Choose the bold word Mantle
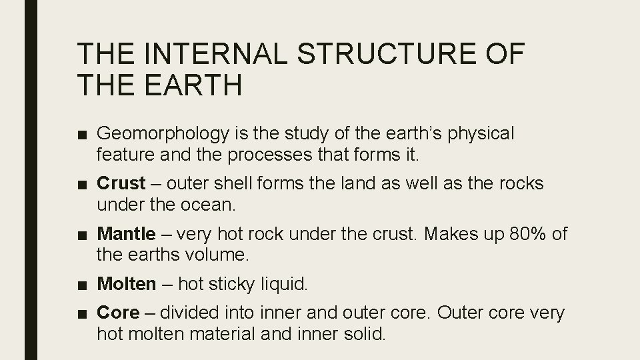tap(126, 234)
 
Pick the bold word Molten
tap(126, 285)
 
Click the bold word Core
tap(119, 313)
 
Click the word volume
tap(214, 254)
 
